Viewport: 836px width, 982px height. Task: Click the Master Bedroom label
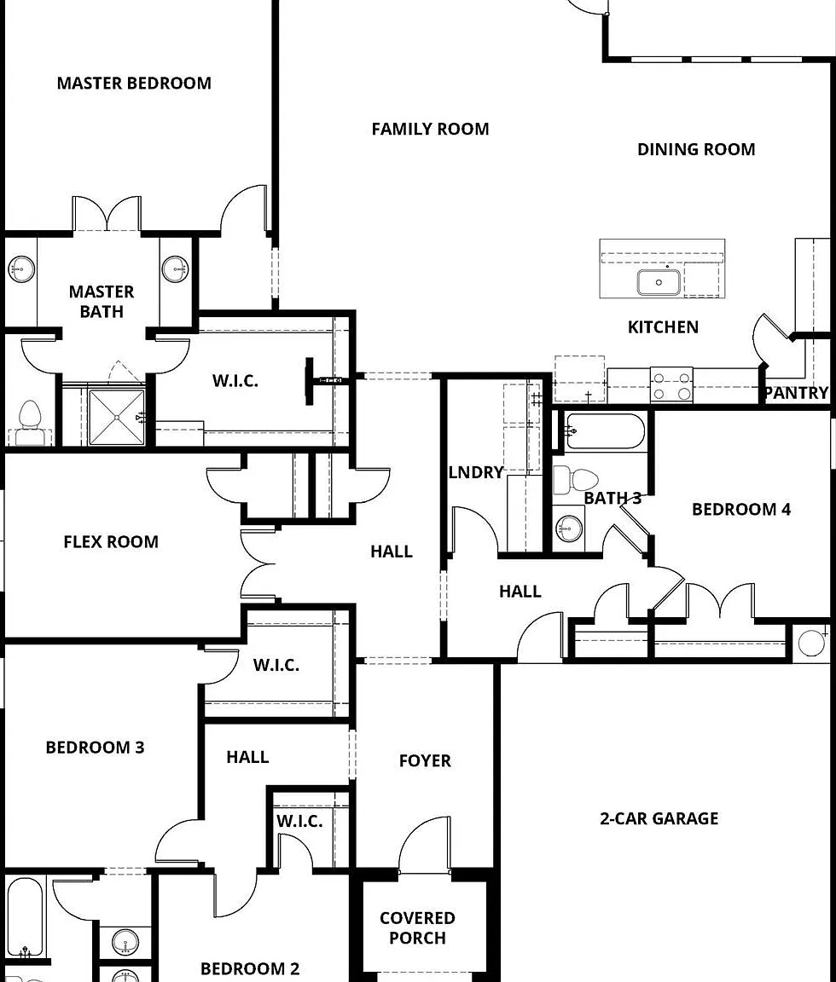tap(134, 84)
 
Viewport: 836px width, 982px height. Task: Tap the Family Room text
tap(430, 129)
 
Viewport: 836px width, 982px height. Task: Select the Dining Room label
tap(696, 149)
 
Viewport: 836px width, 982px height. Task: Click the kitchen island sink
tap(659, 282)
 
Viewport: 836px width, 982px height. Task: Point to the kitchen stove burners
tap(671, 384)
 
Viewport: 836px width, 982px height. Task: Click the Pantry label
tap(797, 393)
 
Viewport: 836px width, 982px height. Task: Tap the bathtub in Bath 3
tap(605, 430)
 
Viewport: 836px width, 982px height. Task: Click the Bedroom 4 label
tap(740, 509)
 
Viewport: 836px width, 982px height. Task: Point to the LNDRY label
tap(476, 472)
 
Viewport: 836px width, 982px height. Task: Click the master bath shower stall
tap(116, 417)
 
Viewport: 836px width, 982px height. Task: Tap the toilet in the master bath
tap(29, 423)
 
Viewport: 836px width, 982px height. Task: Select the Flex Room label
tap(111, 542)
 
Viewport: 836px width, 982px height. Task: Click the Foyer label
tap(425, 761)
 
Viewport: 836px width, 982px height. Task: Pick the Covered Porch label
tap(417, 928)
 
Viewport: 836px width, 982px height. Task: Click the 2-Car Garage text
tap(659, 818)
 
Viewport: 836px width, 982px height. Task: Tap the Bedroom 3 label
tap(96, 747)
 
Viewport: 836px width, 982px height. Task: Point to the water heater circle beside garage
tap(811, 643)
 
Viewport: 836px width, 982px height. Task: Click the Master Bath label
tap(102, 301)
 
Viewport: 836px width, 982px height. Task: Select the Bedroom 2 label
tap(249, 968)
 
